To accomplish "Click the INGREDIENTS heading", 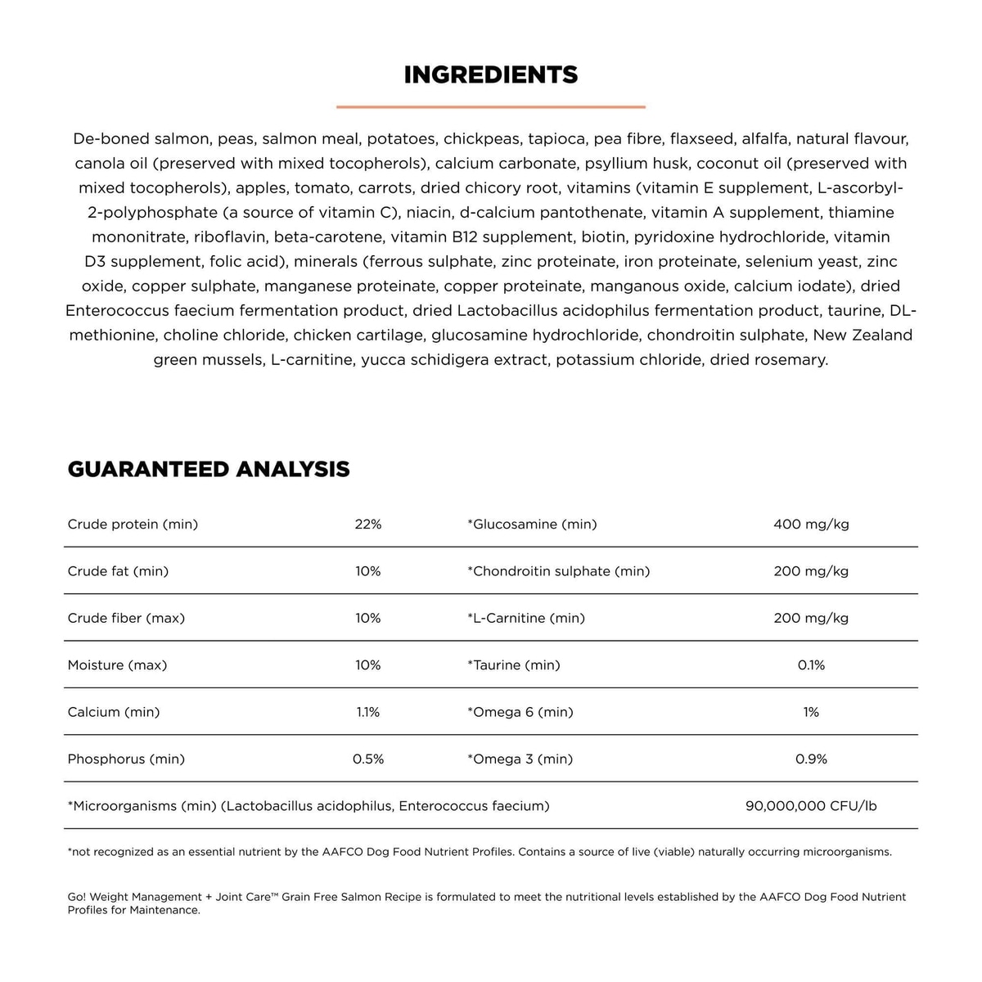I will (x=491, y=75).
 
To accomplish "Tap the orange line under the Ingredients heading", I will (x=491, y=106).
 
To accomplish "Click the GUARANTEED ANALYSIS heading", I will (x=209, y=469).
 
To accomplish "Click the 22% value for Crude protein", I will (x=368, y=524).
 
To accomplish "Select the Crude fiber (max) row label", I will (x=126, y=618).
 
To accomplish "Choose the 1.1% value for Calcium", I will (x=368, y=712).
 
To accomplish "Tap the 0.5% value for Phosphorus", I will (x=368, y=759).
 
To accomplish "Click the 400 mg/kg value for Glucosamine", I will (x=811, y=524).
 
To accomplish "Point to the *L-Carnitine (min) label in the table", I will (x=526, y=618).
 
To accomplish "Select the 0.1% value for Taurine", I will (x=811, y=665).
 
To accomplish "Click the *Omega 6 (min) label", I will (x=520, y=712).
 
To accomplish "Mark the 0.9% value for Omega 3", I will (x=811, y=759).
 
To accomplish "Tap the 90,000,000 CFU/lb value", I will (x=811, y=806).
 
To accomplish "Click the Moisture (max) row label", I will (x=117, y=665).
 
